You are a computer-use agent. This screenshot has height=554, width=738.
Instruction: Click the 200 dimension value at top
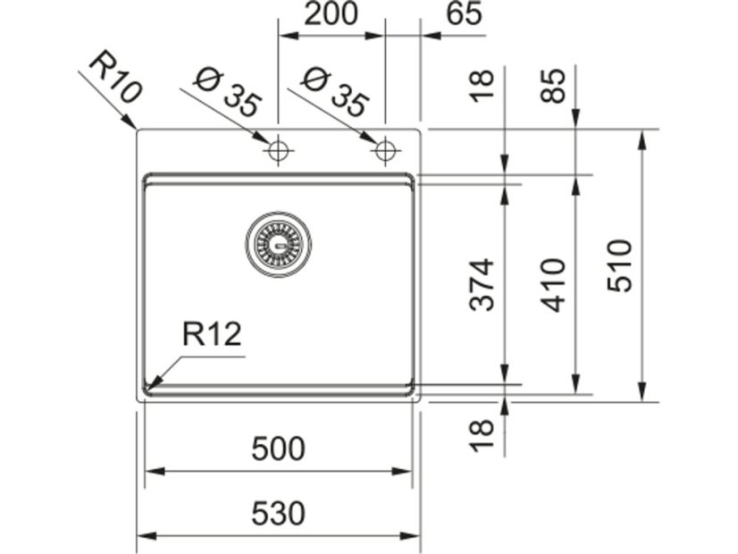point(331,14)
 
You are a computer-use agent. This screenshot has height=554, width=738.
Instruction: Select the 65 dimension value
point(462,14)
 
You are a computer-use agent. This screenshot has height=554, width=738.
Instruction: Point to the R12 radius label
point(212,334)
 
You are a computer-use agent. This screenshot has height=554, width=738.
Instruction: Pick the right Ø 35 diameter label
point(334,93)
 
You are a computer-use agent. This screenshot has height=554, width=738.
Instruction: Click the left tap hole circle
point(279,150)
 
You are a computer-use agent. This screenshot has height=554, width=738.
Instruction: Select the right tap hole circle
point(385,150)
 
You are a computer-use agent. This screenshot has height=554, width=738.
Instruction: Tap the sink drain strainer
point(279,244)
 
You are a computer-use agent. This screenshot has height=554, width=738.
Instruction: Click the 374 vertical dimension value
point(482,283)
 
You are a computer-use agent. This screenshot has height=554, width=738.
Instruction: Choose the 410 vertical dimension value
point(555,284)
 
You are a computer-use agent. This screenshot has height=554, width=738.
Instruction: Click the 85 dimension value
point(555,86)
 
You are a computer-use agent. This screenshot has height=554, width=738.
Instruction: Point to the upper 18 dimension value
point(482,86)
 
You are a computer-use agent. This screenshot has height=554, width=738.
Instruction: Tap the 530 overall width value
point(278,514)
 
